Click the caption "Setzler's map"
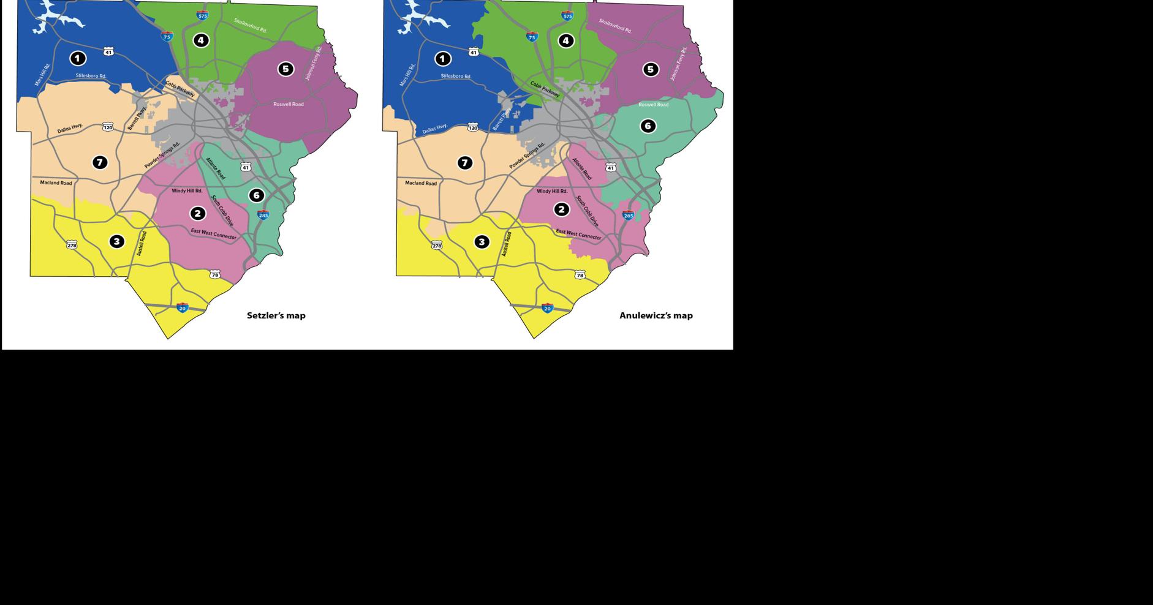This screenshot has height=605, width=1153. [276, 315]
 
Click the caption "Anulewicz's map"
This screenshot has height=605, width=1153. [656, 315]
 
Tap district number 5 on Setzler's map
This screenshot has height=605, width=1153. [285, 69]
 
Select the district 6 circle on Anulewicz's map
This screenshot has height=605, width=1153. [648, 126]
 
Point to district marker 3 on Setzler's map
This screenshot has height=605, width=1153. [116, 241]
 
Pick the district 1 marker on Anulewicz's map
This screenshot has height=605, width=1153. [442, 59]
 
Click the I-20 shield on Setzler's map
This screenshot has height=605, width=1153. [183, 307]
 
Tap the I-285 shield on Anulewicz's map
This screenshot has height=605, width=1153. [628, 215]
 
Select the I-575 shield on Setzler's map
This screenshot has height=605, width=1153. [203, 15]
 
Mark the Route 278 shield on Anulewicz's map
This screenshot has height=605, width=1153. [437, 246]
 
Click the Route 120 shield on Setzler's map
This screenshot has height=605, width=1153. [108, 127]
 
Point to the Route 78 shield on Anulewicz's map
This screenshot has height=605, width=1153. [580, 275]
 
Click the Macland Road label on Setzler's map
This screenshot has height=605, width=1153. [56, 182]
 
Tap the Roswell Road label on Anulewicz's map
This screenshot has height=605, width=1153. [653, 105]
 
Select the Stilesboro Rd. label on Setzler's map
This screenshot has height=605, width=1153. [91, 76]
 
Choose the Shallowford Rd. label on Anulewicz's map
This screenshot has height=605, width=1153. [614, 26]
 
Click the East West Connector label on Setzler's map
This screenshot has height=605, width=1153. [213, 233]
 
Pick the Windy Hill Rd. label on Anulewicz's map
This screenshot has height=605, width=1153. [552, 191]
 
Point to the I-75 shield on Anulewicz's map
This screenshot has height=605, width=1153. [532, 37]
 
